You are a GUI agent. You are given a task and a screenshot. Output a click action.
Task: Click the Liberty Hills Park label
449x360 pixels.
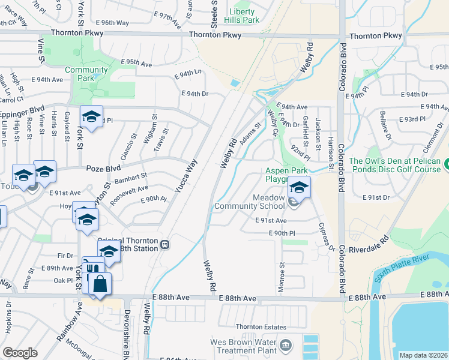[241, 16]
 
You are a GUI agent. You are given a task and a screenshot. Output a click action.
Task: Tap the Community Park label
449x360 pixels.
[87, 74]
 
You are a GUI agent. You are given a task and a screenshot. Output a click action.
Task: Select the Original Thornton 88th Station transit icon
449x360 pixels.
[164, 245]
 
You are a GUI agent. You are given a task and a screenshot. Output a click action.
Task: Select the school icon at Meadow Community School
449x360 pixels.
[299, 187]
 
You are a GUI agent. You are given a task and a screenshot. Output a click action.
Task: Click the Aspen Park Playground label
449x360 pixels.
[287, 175]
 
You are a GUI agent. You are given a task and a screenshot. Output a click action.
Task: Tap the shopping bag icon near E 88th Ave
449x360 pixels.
[101, 283]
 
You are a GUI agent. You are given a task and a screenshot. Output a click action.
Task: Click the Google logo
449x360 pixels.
[20, 353]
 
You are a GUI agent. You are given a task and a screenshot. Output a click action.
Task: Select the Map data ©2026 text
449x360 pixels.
[424, 355]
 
